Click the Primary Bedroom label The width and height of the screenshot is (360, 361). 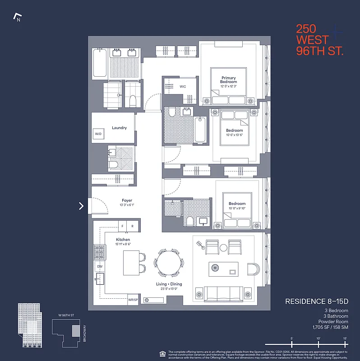click(228, 80)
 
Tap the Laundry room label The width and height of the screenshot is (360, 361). click(119, 128)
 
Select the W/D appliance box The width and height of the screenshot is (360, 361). click(98, 134)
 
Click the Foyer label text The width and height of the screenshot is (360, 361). click(127, 200)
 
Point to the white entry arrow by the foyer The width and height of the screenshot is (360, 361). click(81, 206)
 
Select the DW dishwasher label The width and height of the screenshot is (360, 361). click(100, 267)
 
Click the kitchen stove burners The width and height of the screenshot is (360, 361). click(99, 251)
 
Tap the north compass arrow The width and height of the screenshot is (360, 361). click(18, 18)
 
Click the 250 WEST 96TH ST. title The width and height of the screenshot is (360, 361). click(319, 40)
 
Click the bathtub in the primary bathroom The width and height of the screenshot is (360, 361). click(100, 64)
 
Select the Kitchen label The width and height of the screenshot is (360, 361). click(123, 240)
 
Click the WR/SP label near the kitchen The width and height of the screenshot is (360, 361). click(133, 300)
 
